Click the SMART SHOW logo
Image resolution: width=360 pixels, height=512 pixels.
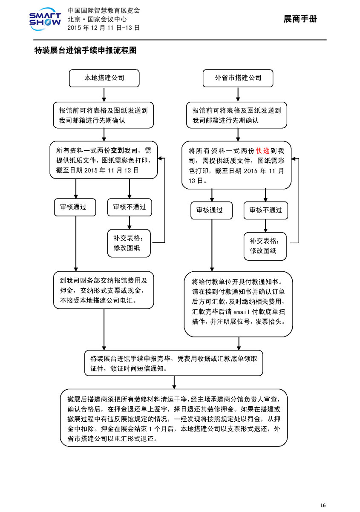point(45,19)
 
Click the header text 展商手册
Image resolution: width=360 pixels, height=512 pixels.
point(300,19)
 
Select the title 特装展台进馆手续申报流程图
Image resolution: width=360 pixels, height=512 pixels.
point(85,50)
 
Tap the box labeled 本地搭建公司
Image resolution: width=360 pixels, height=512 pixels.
point(104,78)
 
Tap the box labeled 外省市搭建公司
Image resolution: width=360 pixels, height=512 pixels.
point(238,78)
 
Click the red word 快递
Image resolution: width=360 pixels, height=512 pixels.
point(262,151)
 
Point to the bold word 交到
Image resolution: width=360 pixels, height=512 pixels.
point(117,150)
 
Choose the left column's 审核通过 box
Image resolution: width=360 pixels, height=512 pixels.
point(75,207)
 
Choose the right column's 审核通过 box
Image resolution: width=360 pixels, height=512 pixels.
point(211,210)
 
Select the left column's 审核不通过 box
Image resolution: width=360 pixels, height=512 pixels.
point(130,207)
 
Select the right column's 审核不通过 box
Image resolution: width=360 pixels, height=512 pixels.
point(266,210)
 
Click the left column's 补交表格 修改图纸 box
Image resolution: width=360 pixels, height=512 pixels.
point(129,243)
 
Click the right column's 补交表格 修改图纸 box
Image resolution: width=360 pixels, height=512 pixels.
point(265,246)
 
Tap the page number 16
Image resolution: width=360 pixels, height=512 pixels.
point(323,505)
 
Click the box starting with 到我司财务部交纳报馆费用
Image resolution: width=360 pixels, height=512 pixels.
point(104,290)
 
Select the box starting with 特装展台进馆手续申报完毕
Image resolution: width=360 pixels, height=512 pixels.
point(174,363)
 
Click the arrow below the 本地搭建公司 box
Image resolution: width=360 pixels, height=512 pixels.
point(104,95)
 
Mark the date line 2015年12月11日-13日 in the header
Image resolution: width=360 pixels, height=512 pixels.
point(104,28)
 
